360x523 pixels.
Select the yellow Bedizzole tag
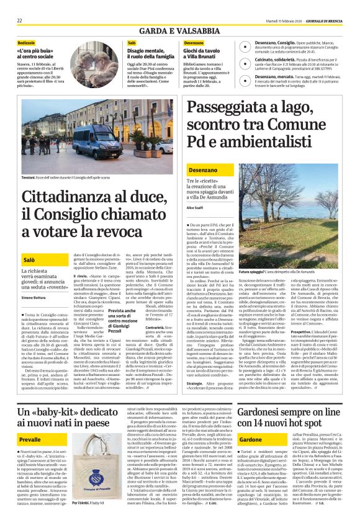(26, 42)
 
